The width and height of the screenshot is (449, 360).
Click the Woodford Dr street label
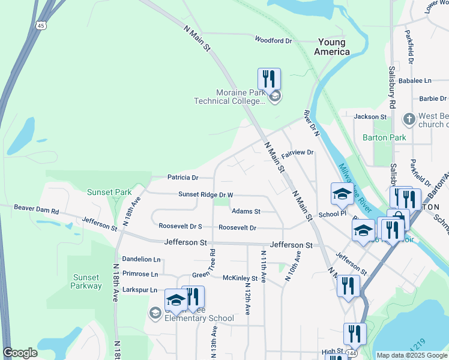pyautogui.click(x=273, y=41)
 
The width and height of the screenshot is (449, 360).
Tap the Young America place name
pyautogui.click(x=332, y=47)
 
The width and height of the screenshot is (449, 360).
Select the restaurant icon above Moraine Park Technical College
pyautogui.click(x=269, y=79)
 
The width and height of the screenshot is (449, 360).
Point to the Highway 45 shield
pyautogui.click(x=40, y=25)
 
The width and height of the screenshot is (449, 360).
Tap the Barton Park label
pyautogui.click(x=384, y=137)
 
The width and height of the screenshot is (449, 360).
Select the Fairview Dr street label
pyautogui.click(x=298, y=153)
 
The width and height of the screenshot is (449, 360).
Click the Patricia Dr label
pyautogui.click(x=182, y=178)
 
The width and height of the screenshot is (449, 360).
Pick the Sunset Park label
pyautogui.click(x=109, y=192)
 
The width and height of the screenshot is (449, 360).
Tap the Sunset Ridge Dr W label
pyautogui.click(x=205, y=195)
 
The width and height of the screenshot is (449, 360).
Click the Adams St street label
pyautogui.click(x=246, y=211)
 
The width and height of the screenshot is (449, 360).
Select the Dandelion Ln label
pyautogui.click(x=141, y=259)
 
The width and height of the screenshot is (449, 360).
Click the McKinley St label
pyautogui.click(x=240, y=278)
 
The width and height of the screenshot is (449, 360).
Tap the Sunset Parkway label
pyautogui.click(x=86, y=281)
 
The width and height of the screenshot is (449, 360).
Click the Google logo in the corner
pyautogui.click(x=20, y=353)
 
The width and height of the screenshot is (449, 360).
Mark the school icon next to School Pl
pyautogui.click(x=342, y=194)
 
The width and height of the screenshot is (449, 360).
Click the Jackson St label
pyautogui.click(x=370, y=116)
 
